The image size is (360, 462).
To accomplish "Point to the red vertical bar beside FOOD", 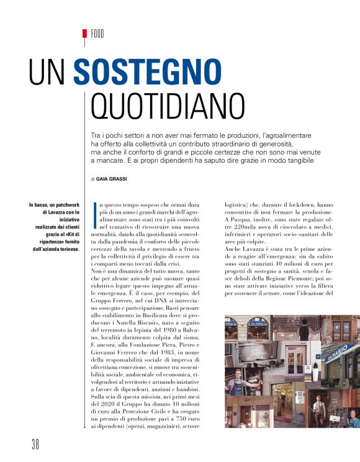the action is (84, 37).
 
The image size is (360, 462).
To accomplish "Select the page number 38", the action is (35, 445).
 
